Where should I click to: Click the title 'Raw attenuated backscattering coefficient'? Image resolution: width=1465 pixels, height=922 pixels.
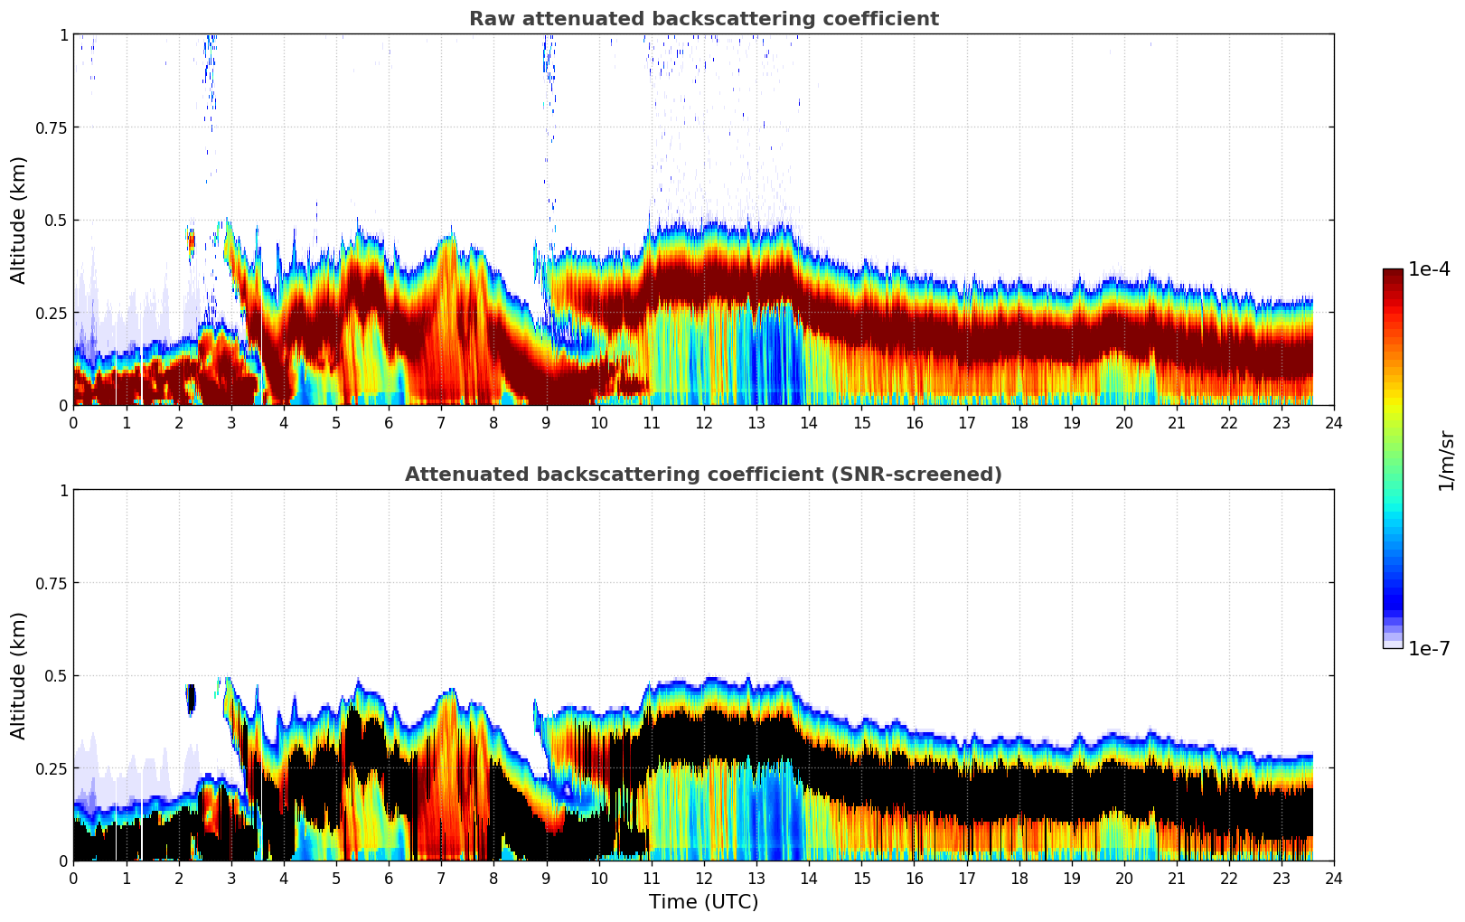click(x=703, y=19)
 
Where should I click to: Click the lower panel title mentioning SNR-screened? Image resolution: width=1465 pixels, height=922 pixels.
click(x=703, y=475)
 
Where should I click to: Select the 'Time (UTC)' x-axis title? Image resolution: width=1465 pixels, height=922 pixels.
click(x=703, y=901)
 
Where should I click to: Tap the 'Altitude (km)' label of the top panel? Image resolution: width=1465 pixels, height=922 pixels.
click(x=19, y=220)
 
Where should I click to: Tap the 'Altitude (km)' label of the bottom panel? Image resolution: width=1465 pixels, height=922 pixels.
click(x=19, y=675)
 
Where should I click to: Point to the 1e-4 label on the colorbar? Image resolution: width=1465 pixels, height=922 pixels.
click(x=1429, y=269)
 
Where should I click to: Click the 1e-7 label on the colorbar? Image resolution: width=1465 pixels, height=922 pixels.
click(x=1429, y=648)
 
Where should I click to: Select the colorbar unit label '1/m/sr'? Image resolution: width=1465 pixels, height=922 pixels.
click(x=1446, y=461)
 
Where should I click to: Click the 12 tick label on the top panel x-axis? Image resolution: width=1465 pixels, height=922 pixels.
click(x=704, y=422)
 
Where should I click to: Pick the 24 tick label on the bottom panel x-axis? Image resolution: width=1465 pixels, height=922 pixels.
click(x=1334, y=878)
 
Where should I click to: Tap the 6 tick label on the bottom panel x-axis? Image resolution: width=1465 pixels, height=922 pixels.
click(x=389, y=878)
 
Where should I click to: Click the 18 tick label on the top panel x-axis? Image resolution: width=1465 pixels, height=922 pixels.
click(x=1019, y=422)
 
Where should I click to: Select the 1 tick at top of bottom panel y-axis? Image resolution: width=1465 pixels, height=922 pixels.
click(x=63, y=491)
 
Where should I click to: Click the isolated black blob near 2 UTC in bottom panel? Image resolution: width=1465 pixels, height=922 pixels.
click(x=191, y=698)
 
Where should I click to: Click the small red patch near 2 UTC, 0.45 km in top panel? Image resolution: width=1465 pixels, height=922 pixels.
click(x=192, y=240)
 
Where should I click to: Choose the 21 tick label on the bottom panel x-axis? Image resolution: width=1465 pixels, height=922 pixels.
click(x=1177, y=878)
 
